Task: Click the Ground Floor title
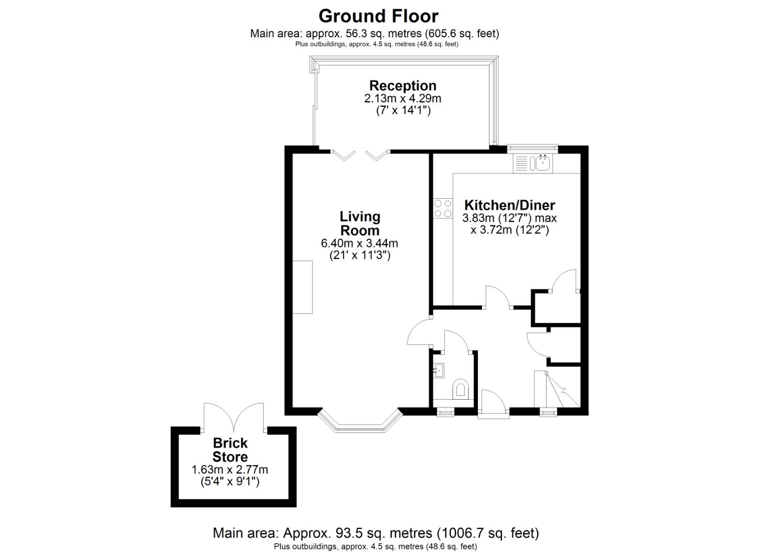point(378,16)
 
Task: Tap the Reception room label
point(403,85)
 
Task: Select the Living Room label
point(360,223)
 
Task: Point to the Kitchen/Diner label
point(509,205)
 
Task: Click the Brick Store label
point(230,450)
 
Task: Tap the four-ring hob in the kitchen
point(443,208)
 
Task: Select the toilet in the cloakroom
point(461,388)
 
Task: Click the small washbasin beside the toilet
point(438,369)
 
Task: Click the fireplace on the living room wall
point(303,287)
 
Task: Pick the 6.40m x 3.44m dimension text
point(359,243)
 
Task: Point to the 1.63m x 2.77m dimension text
point(230,469)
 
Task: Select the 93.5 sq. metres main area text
point(376,533)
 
